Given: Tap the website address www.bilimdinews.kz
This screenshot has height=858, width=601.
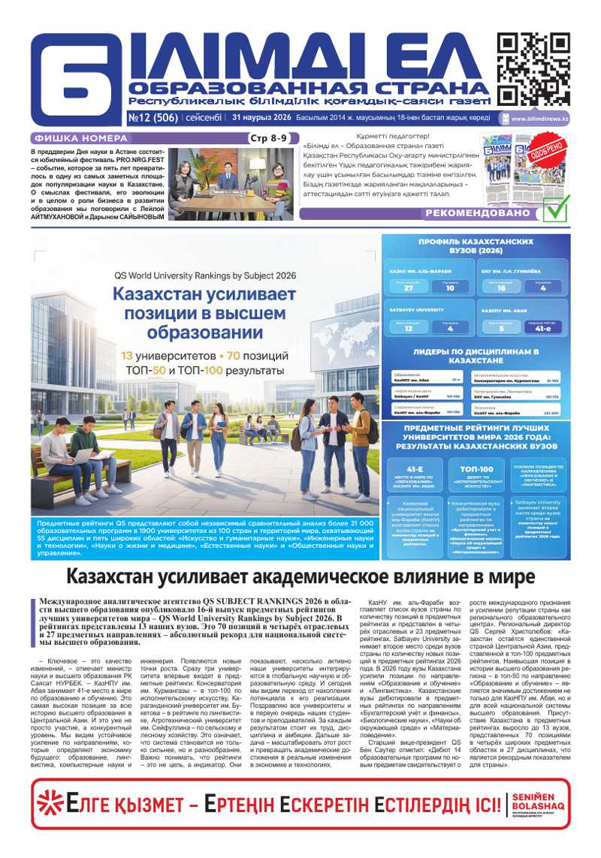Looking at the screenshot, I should tap(539, 119).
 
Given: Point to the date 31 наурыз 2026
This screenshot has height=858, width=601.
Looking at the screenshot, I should tap(261, 117).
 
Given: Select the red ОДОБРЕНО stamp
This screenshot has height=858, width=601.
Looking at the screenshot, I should tap(546, 158).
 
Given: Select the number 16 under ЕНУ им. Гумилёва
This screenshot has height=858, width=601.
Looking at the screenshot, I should tap(501, 288).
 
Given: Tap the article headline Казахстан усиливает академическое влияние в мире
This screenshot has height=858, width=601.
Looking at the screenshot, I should tap(300, 577).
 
